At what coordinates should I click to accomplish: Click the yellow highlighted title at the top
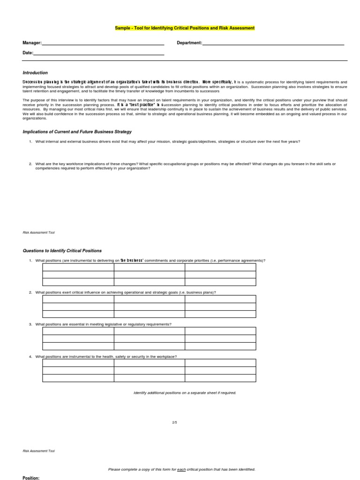pyautogui.click(x=185, y=28)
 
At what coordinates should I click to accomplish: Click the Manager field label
pyautogui.click(x=32, y=43)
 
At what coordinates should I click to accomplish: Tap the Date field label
pyautogui.click(x=28, y=53)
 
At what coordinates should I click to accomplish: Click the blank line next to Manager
pyautogui.click(x=103, y=44)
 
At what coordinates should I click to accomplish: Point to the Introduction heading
pyautogui.click(x=35, y=73)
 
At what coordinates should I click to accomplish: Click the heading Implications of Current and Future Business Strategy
pyautogui.click(x=77, y=132)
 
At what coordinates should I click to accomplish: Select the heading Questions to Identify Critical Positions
pyautogui.click(x=62, y=251)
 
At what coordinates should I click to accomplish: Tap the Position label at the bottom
pyautogui.click(x=31, y=478)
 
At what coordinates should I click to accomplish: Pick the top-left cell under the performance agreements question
pyautogui.click(x=78, y=267)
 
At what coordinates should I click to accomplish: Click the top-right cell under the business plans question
pyautogui.click(x=220, y=299)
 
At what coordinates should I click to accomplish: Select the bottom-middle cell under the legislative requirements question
pyautogui.click(x=149, y=346)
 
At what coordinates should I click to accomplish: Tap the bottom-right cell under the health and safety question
pyautogui.click(x=220, y=378)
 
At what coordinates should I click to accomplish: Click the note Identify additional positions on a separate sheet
pyautogui.click(x=185, y=393)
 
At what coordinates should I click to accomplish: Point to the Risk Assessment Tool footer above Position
pyautogui.click(x=39, y=451)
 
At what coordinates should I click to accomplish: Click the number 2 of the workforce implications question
pyautogui.click(x=30, y=164)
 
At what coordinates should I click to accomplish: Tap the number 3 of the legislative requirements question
pyautogui.click(x=30, y=324)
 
